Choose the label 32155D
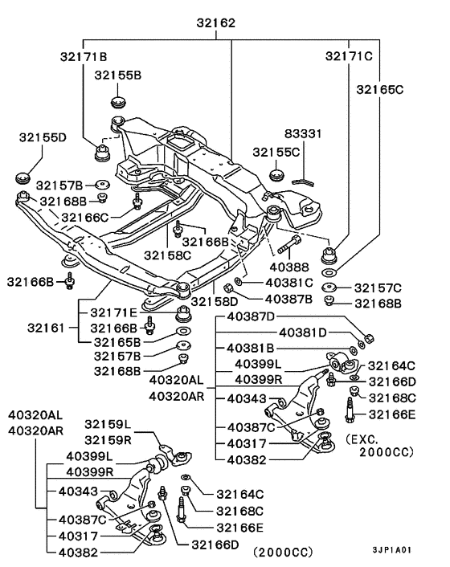click(x=43, y=137)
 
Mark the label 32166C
click(x=84, y=217)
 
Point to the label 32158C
click(x=168, y=255)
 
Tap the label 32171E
click(x=114, y=312)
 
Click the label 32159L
click(x=108, y=424)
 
